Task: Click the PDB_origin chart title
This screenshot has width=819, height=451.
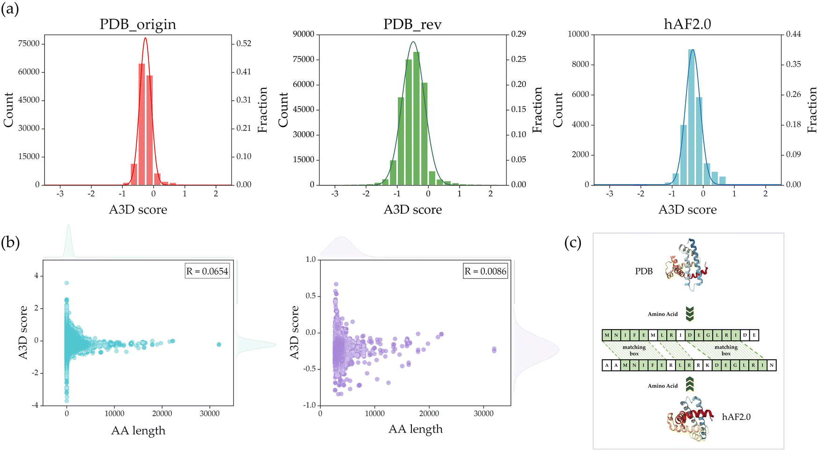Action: click(138, 24)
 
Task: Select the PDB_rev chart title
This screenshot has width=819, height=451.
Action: click(412, 24)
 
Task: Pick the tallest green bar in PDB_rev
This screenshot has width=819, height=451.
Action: click(417, 118)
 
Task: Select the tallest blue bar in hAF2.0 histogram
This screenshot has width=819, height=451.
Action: click(691, 117)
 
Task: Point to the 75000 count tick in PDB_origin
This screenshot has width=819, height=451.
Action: click(29, 44)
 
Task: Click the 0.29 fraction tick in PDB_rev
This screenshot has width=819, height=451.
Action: click(518, 34)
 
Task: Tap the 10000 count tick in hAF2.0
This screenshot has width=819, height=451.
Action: click(578, 34)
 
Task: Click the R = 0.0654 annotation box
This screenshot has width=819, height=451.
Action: click(207, 271)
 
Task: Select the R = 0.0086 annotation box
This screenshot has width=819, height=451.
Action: click(485, 271)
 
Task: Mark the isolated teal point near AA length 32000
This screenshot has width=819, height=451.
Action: click(219, 344)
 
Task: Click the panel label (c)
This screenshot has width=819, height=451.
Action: click(573, 243)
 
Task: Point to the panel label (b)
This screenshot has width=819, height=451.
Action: click(10, 243)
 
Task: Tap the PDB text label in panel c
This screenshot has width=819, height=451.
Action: click(644, 271)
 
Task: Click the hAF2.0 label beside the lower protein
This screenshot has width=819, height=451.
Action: click(736, 417)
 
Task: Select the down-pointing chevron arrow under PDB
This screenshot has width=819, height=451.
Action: click(689, 314)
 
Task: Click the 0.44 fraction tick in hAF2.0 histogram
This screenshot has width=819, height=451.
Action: click(793, 34)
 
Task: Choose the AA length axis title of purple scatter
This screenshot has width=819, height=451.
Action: click(416, 429)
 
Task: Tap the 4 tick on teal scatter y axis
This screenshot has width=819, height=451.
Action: click(36, 276)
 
